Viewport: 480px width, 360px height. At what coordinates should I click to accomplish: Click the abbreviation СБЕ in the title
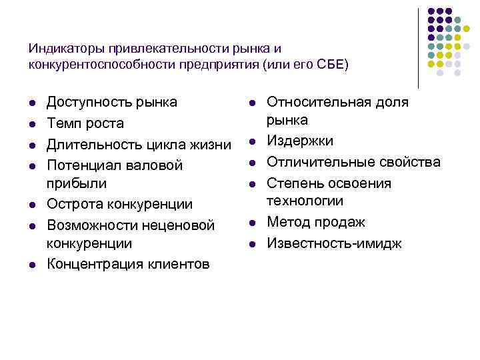coord(327,64)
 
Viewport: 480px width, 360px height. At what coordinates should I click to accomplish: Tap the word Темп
coord(63,123)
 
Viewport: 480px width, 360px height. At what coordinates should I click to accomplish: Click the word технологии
coord(305,201)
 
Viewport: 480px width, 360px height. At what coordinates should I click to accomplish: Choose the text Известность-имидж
coord(334,243)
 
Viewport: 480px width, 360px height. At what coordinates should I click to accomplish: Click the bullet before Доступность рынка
coord(31,103)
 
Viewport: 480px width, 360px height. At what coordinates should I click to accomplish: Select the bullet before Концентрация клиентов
coord(31,265)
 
